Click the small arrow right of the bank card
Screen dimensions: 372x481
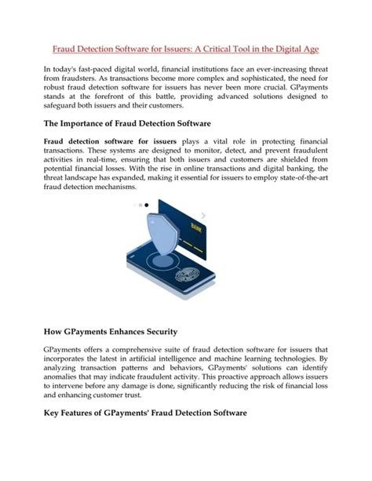tap(204, 214)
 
